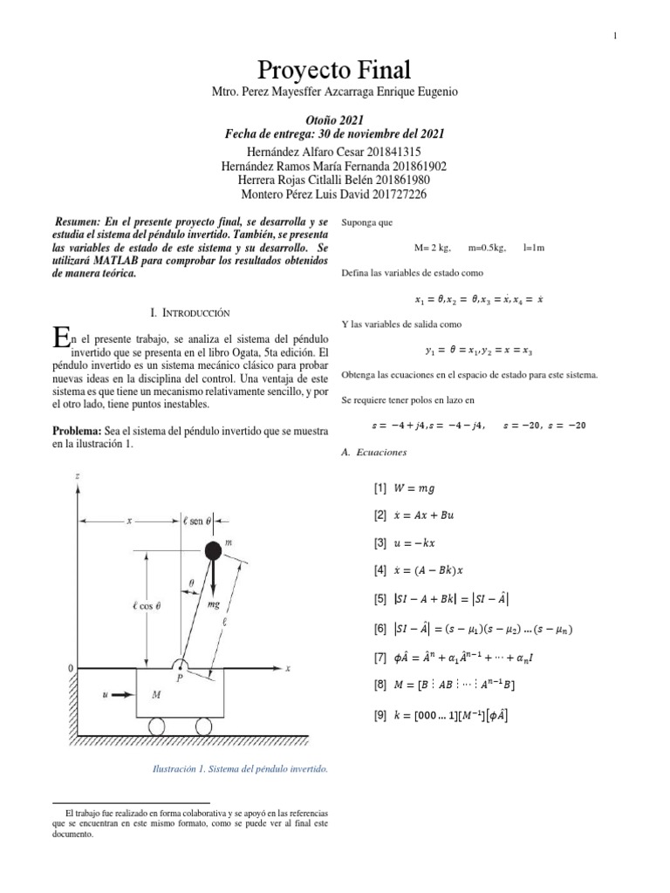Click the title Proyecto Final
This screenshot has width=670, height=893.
click(334, 70)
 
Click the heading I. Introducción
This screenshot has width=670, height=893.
click(190, 311)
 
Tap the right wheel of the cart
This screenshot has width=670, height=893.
click(203, 726)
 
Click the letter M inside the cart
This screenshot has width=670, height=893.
click(156, 695)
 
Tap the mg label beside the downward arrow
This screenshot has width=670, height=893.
click(214, 603)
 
